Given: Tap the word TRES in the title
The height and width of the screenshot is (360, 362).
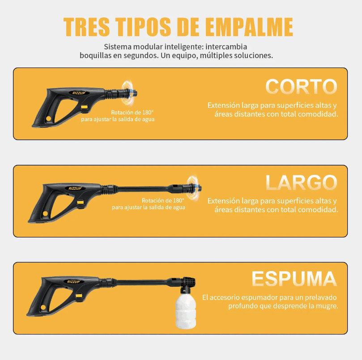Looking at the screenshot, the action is coord(86,27).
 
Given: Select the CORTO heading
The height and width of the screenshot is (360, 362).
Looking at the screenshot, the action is coord(301,87).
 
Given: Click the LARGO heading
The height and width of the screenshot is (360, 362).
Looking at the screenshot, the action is coord(301,182).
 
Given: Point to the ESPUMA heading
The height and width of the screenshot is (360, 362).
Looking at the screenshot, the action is coord(294,279).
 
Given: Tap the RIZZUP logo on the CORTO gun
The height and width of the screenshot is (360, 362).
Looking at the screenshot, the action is coord(79,93).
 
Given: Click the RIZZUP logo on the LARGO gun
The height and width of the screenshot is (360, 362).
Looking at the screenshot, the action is coord(75,188).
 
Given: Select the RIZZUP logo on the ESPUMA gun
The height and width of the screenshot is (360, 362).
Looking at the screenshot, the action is coord(73,282).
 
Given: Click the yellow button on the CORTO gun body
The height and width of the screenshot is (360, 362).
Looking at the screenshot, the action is coord(84,107).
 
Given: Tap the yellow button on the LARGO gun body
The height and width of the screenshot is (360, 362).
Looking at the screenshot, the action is coord(80,203).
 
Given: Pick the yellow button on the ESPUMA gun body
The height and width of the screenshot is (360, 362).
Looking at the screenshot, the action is coord(79,296).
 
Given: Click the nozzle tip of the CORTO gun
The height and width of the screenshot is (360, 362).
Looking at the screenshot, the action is coord(135,94).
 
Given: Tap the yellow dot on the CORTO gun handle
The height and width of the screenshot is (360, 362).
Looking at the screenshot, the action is coord(48,119).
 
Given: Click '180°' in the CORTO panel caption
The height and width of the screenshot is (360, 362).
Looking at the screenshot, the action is coord(148,112).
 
